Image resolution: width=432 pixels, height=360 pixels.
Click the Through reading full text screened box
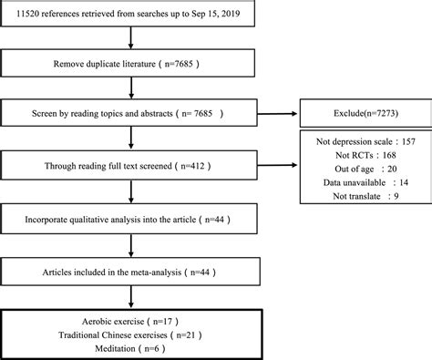point(135,168)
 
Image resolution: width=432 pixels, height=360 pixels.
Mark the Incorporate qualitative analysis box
point(135,221)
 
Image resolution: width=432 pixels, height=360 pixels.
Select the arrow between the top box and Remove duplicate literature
point(135,40)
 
